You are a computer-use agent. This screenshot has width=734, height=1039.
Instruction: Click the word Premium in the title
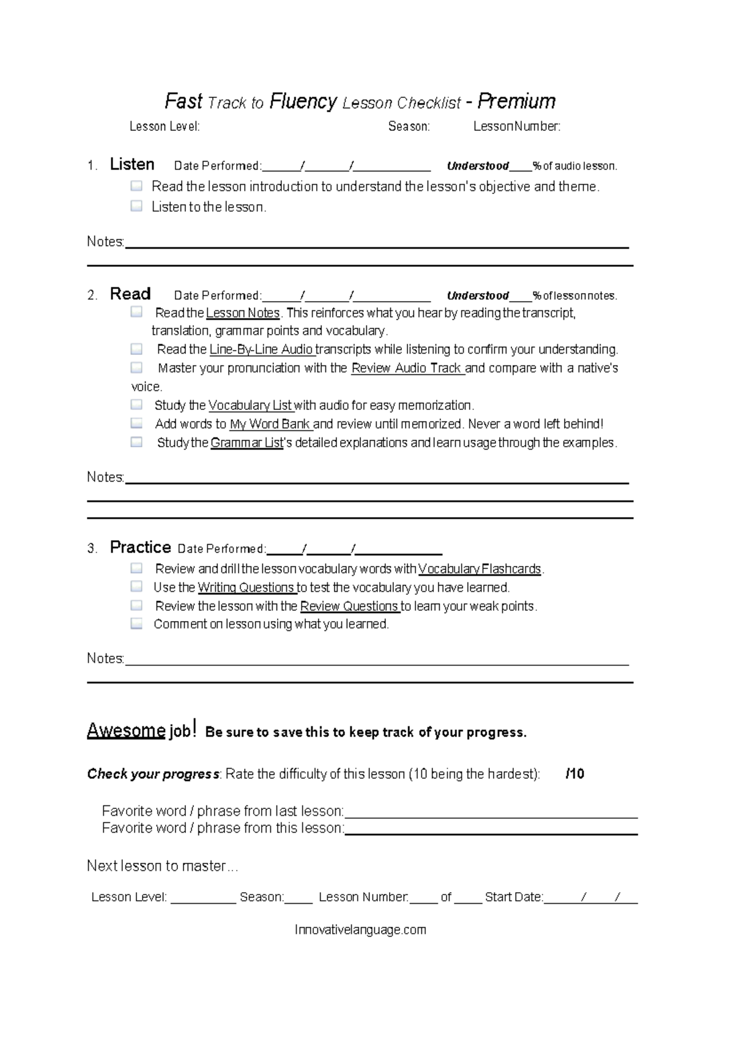pyautogui.click(x=516, y=101)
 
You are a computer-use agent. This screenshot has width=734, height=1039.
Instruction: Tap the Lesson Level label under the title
pyautogui.click(x=164, y=127)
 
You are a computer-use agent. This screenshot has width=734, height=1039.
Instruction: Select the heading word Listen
pyautogui.click(x=132, y=164)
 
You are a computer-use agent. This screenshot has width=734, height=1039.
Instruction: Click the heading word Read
pyautogui.click(x=130, y=294)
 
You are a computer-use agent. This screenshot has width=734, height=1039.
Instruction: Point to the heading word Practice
pyautogui.click(x=140, y=547)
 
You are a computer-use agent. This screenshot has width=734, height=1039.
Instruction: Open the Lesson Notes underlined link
pyautogui.click(x=243, y=313)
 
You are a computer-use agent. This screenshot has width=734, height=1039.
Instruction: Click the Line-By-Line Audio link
pyautogui.click(x=262, y=350)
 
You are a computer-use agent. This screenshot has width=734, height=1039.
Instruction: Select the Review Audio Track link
pyautogui.click(x=407, y=368)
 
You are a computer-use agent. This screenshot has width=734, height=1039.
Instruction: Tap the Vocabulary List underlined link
pyautogui.click(x=250, y=406)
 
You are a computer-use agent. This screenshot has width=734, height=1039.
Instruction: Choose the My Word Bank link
pyautogui.click(x=270, y=424)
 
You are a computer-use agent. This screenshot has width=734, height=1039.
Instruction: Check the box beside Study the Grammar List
pyautogui.click(x=136, y=442)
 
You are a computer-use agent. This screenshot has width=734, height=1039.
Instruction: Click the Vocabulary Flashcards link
pyautogui.click(x=480, y=569)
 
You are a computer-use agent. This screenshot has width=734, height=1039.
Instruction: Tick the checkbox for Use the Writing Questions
pyautogui.click(x=136, y=586)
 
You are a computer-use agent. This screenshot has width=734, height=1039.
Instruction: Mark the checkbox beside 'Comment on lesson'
pyautogui.click(x=136, y=624)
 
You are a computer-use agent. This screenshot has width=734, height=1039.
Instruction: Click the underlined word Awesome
pyautogui.click(x=126, y=730)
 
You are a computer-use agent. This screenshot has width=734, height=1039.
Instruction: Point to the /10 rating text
pyautogui.click(x=575, y=774)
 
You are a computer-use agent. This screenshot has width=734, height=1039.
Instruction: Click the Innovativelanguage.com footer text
pyautogui.click(x=360, y=930)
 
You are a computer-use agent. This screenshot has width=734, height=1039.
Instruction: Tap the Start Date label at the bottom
pyautogui.click(x=514, y=898)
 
